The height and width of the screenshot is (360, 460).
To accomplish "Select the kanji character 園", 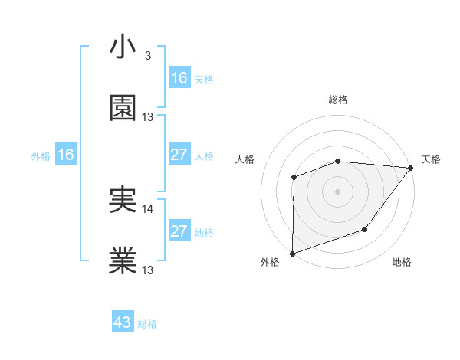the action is point(123,108).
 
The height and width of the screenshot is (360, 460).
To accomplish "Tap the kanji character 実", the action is point(123,200).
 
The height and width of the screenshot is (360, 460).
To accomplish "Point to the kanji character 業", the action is point(123,261).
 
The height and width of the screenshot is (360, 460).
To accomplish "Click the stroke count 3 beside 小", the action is point(147,56).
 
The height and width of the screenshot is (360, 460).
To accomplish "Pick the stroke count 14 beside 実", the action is point(148,208).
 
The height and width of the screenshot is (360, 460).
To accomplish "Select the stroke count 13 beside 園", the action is point(148,116).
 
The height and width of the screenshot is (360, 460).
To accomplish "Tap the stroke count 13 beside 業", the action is point(148,270).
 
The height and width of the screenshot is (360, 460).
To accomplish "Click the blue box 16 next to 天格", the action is point(179,78).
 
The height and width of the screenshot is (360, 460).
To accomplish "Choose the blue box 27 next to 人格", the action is point(179,155).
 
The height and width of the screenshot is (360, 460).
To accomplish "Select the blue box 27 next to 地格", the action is point(179,231).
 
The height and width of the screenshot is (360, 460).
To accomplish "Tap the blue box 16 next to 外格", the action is point(66,155).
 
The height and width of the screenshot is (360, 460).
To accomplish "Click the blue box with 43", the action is point(123,322).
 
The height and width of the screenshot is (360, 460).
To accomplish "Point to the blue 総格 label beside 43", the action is point(147,324).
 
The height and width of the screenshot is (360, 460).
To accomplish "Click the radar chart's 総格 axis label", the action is point(338,100).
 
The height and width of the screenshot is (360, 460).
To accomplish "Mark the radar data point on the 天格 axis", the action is point(411,168).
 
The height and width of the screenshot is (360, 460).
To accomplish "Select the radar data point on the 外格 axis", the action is point(292,253).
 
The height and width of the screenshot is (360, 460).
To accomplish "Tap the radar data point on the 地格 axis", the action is point(366,229).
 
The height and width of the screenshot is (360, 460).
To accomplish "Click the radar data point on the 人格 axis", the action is point(294,178).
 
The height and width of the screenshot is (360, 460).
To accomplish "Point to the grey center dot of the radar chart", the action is point(338,191).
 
